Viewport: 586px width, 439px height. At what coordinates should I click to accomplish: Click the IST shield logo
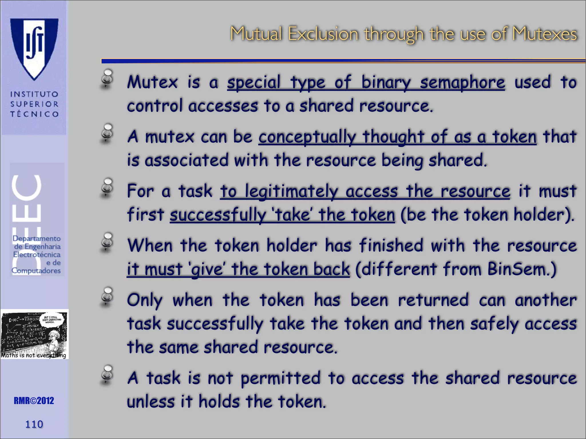coord(34,49)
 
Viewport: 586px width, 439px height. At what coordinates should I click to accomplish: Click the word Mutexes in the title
coord(545,34)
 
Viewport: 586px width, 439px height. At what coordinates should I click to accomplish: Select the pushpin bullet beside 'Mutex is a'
coord(107,78)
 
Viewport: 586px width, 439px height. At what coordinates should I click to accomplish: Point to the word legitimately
coord(292,191)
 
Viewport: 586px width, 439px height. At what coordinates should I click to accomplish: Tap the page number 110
coord(34,424)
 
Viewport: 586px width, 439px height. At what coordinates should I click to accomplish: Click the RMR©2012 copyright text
coord(34,401)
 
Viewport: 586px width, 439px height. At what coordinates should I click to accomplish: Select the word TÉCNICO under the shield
coord(34,114)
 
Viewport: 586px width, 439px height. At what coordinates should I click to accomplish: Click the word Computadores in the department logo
coord(36,271)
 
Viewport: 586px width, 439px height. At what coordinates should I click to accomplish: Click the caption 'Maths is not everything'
coord(33,355)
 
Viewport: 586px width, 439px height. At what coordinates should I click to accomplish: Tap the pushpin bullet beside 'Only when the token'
coord(107,296)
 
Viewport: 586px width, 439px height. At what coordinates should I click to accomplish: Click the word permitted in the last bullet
coord(280,379)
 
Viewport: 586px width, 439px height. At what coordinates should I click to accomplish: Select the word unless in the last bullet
coord(151,402)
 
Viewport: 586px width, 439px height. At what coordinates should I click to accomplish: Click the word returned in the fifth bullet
coord(433,300)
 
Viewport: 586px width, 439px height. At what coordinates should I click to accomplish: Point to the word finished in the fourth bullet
coord(391,246)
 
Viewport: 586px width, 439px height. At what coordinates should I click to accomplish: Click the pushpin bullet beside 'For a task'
coord(107,187)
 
